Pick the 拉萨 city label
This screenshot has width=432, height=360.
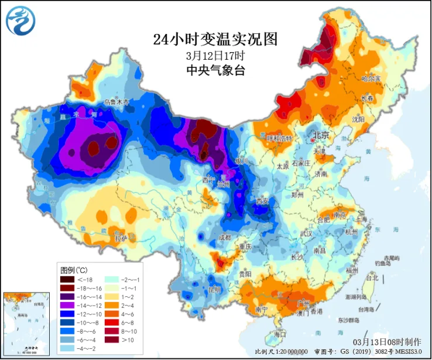tap(121, 239)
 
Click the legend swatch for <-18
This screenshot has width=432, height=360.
tap(67, 279)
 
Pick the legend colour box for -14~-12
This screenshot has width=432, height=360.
tap(67, 306)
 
